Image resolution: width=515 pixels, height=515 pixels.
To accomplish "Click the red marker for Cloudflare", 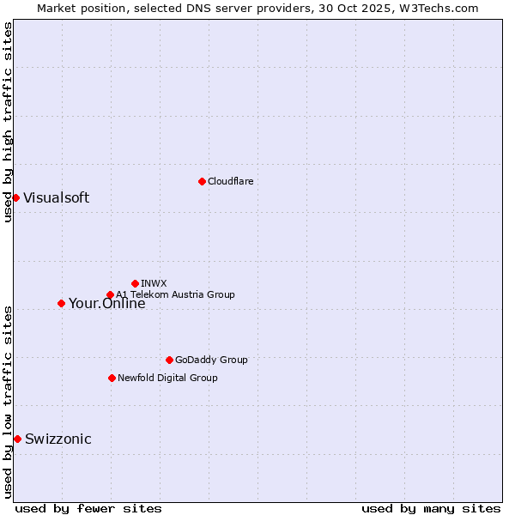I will tap(202, 181).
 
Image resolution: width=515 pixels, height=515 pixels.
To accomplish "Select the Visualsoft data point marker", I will tap(15, 197).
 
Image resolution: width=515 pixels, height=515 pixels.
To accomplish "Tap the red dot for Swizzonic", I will tap(17, 439).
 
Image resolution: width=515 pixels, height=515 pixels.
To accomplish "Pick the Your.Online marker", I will tap(61, 303).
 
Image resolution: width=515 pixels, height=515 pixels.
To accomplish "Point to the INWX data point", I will tap(135, 283).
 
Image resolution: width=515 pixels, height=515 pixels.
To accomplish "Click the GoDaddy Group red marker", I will tap(169, 360).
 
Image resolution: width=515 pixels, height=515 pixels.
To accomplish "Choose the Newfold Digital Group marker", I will tap(112, 378).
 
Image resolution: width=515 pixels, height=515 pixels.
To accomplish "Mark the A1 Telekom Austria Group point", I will tap(110, 294).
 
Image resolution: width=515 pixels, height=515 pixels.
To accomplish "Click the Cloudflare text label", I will tap(230, 181).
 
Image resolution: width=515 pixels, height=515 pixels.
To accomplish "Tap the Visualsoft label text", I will tap(56, 197).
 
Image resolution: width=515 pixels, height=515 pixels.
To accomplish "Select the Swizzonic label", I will tap(58, 439).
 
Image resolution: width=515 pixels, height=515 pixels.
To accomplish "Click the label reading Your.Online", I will tap(106, 303).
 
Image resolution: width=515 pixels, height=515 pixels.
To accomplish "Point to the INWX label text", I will tap(154, 283).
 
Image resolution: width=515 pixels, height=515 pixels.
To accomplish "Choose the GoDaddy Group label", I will tap(210, 360).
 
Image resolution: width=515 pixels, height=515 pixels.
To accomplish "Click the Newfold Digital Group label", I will tap(167, 378).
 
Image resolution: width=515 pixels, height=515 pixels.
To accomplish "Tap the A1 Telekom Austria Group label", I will tap(175, 294).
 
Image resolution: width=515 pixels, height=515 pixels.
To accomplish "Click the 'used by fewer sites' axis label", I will tap(88, 508).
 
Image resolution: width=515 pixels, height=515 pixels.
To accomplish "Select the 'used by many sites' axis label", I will tap(431, 508).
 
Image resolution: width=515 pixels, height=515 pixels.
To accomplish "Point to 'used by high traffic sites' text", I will tap(8, 122).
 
